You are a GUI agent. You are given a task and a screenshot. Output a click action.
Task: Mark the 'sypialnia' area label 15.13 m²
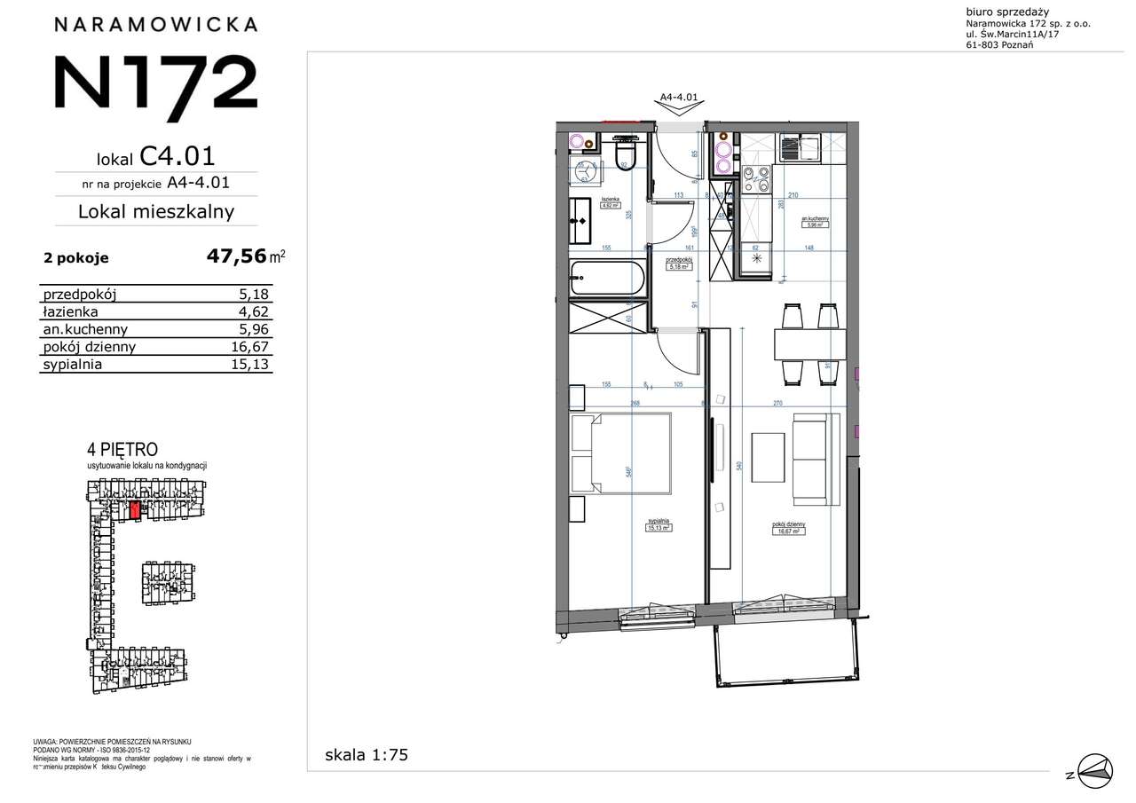point(658,525)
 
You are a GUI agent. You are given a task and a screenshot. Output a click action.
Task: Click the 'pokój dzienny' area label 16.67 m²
point(788,529)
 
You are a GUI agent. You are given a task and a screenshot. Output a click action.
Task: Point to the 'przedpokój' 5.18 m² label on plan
point(680,263)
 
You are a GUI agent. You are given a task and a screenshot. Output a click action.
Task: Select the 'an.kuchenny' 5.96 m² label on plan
point(816,223)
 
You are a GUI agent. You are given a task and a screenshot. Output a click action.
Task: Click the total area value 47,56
point(236,256)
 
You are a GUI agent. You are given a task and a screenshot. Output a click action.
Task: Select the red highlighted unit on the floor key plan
point(135,509)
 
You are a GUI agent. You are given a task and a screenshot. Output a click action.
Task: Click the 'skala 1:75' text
point(366,756)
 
